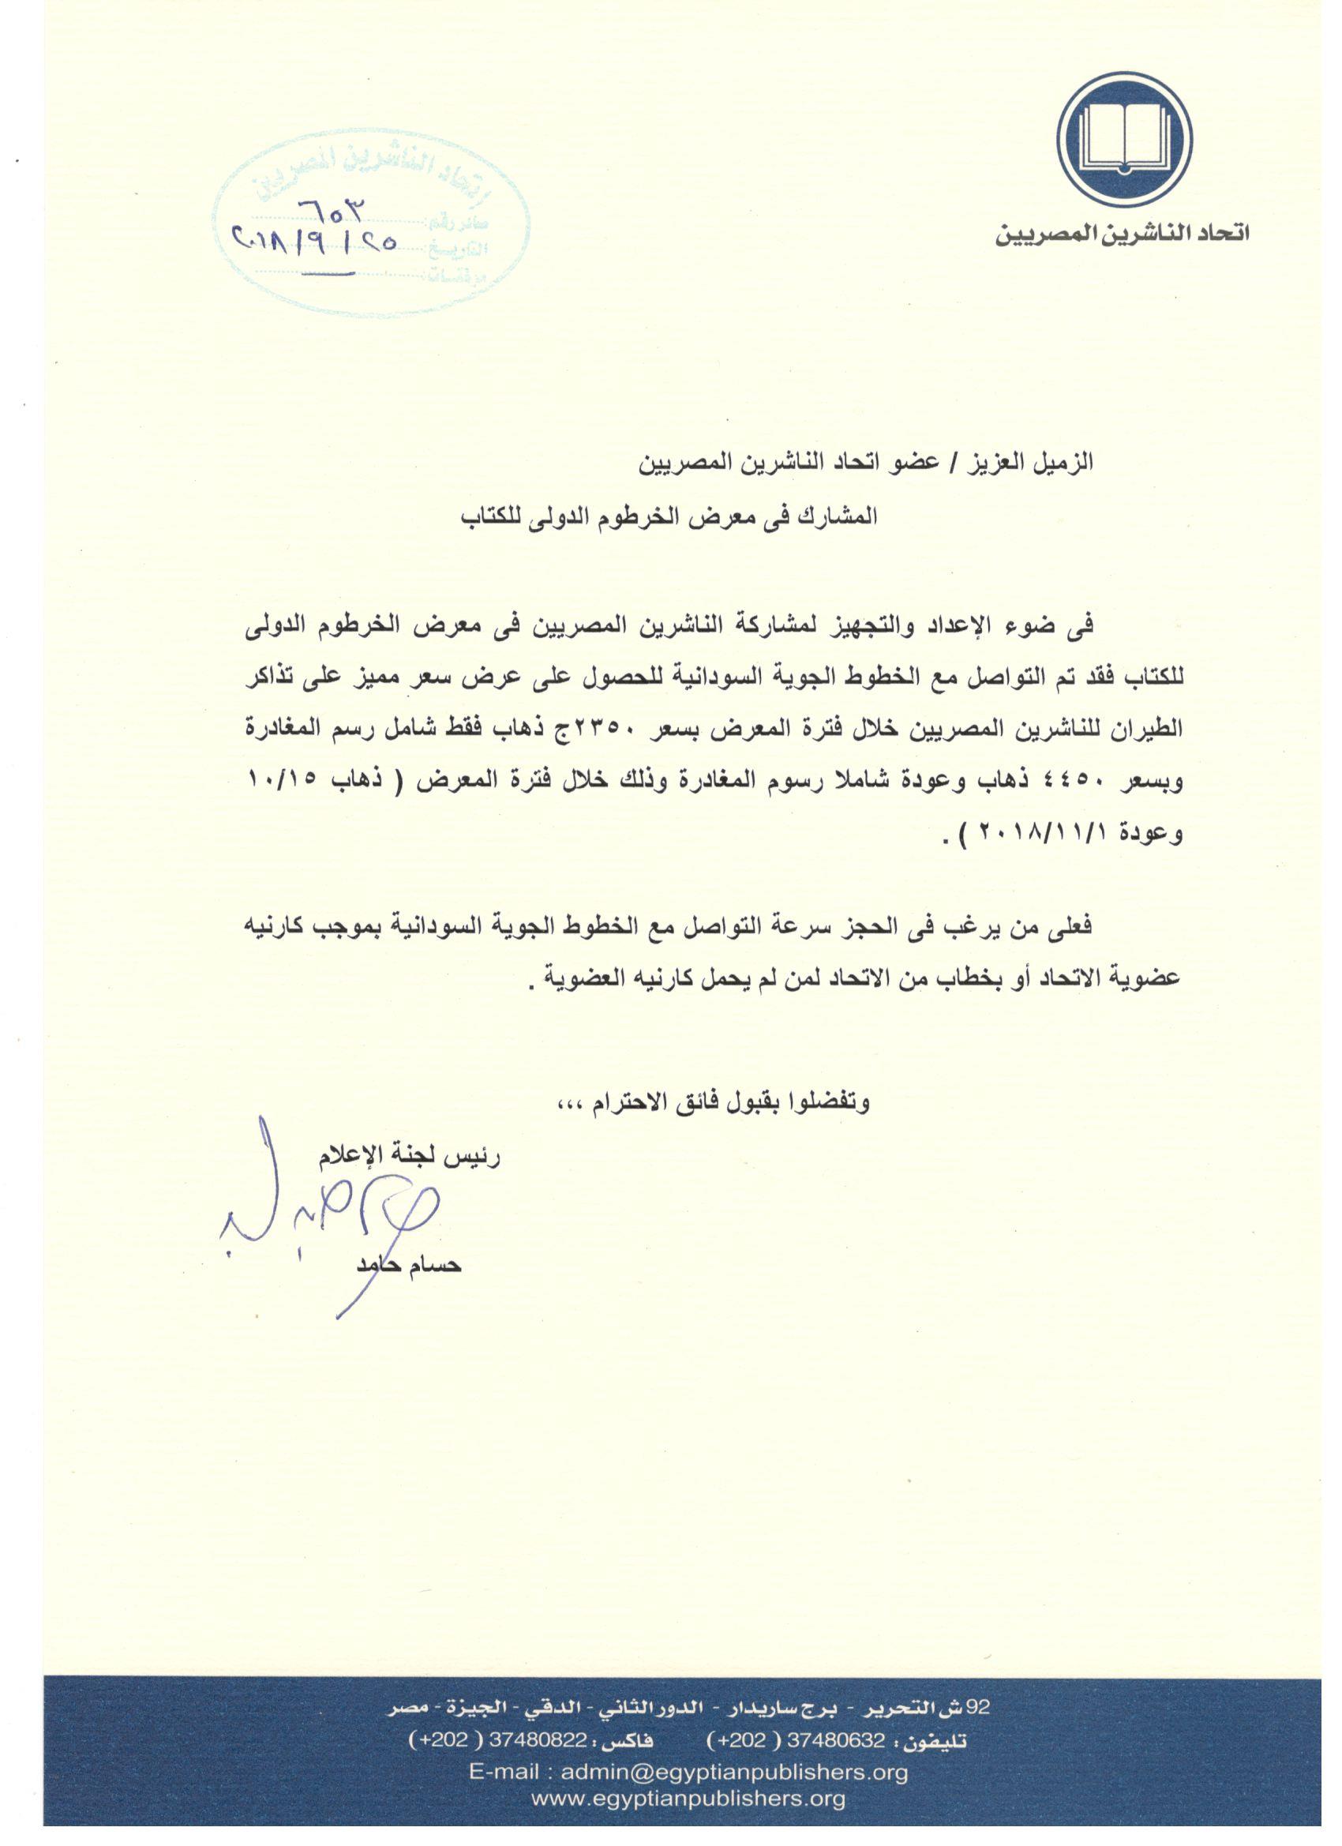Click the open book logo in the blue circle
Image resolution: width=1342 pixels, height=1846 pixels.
tap(1125, 138)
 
